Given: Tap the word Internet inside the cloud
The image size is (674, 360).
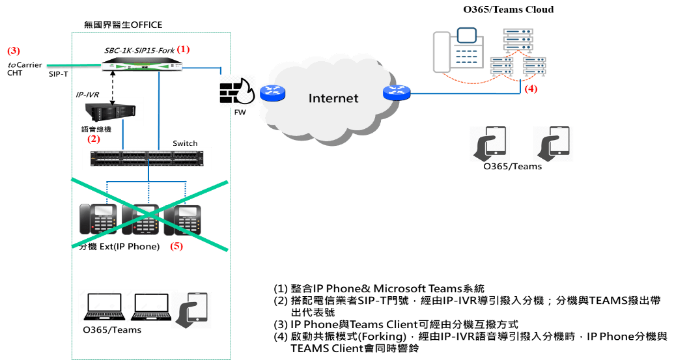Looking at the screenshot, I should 333,98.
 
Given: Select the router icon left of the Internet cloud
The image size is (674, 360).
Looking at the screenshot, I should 272,93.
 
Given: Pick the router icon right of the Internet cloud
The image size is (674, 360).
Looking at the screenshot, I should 397,93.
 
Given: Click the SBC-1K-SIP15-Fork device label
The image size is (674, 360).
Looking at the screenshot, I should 139,50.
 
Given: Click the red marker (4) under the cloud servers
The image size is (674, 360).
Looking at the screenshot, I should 531,89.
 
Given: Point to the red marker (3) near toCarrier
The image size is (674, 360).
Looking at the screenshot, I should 14,50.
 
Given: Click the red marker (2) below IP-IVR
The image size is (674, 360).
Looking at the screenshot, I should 94,139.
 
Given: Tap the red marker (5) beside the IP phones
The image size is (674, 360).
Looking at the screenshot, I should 176,247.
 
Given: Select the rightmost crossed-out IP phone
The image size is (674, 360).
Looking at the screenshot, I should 184,219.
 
